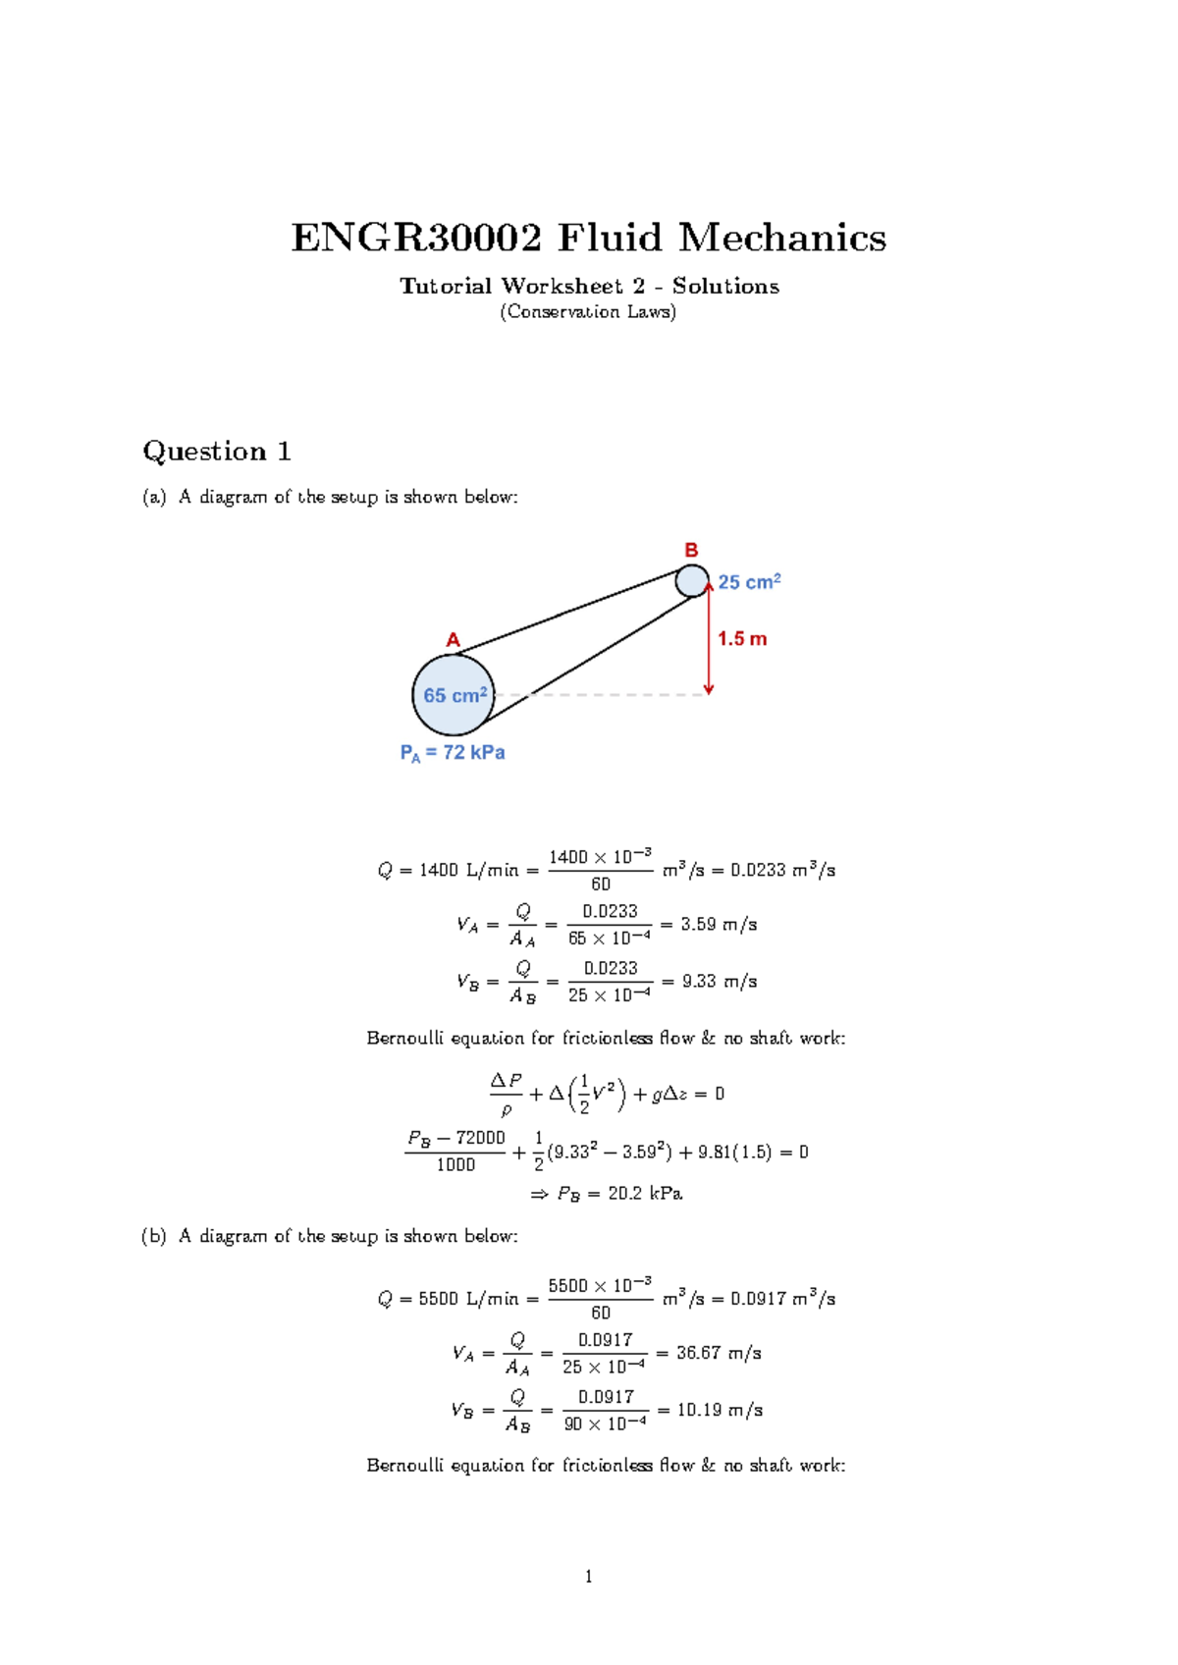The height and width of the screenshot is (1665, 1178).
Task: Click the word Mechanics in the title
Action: [781, 239]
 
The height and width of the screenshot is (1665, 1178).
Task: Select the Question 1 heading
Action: [216, 452]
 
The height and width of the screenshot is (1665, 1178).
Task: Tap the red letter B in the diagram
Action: [691, 550]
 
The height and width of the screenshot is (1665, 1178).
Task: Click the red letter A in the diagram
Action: [453, 640]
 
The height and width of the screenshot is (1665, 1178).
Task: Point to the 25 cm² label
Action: [749, 582]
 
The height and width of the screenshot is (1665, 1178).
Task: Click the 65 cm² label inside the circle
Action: [455, 695]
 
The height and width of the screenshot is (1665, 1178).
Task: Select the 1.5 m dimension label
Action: [742, 639]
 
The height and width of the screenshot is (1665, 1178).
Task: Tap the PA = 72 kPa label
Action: [452, 753]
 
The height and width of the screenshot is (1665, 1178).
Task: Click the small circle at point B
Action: [692, 580]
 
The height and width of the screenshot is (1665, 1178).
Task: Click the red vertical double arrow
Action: [709, 638]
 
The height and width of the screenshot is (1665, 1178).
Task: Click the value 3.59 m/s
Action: [719, 925]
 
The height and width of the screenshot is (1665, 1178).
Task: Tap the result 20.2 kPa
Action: [645, 1194]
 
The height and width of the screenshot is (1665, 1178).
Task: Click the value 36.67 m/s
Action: [719, 1353]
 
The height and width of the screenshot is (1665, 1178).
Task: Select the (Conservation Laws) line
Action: [588, 312]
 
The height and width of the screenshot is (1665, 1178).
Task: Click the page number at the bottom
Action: [588, 1577]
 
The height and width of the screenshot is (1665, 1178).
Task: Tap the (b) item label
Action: [154, 1236]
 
